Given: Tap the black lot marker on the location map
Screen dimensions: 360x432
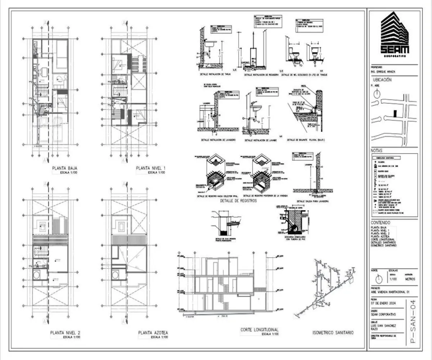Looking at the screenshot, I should pyautogui.click(x=395, y=113).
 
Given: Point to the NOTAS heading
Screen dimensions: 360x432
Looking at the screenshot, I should pyautogui.click(x=377, y=151).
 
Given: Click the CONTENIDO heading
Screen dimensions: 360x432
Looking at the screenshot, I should pyautogui.click(x=380, y=223).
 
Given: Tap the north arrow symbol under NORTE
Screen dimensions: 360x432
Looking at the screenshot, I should pyautogui.click(x=377, y=279).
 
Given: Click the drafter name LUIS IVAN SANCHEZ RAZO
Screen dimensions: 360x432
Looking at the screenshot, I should pyautogui.click(x=383, y=327).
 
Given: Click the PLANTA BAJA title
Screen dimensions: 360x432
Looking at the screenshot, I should pyautogui.click(x=64, y=168).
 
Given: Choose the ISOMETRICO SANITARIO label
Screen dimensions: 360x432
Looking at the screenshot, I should pyautogui.click(x=333, y=333).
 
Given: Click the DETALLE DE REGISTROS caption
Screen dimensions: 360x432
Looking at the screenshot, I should pyautogui.click(x=238, y=201).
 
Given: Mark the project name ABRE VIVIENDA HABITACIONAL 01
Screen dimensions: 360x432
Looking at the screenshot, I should pyautogui.click(x=390, y=292).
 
